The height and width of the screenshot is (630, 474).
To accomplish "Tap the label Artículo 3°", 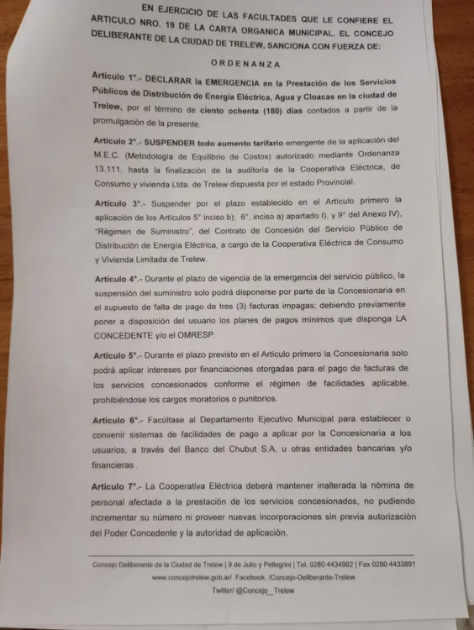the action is (118, 204).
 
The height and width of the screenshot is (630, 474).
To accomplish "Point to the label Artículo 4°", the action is (118, 277).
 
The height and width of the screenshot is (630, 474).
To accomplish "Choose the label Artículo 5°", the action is (118, 354).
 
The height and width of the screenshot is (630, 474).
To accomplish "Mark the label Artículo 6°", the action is (118, 419).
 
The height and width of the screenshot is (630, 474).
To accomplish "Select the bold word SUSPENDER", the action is (180, 141).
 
